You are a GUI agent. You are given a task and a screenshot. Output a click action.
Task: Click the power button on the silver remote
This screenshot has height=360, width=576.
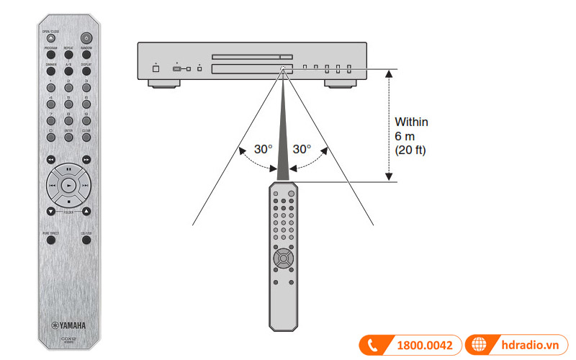(86, 37)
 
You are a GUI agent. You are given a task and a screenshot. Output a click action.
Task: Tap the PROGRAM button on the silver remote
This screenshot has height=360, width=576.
(51, 53)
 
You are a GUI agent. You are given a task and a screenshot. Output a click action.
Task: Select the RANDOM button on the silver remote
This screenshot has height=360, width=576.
(86, 53)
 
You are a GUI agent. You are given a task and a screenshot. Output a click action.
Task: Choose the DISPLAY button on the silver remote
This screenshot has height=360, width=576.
(86, 70)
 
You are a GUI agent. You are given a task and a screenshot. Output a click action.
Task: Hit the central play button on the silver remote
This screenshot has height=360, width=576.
(68, 185)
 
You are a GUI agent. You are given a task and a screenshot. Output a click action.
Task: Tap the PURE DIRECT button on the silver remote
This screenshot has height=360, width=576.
(51, 240)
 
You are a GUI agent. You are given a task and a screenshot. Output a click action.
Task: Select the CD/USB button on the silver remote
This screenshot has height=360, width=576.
(86, 240)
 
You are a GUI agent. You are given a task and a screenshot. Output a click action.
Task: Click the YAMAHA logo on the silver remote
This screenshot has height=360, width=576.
(68, 325)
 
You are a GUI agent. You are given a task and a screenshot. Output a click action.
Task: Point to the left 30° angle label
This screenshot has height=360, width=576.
(264, 149)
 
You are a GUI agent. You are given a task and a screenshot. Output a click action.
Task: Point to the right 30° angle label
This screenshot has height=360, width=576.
(302, 149)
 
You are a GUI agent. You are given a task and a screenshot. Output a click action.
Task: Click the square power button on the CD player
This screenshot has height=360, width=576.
(156, 68)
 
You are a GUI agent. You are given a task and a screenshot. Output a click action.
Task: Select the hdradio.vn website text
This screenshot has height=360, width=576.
(531, 346)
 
